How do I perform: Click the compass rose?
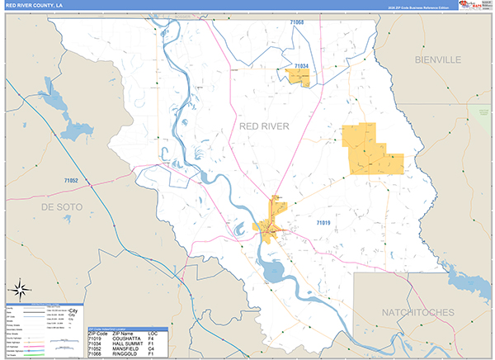(x=20, y=290)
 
